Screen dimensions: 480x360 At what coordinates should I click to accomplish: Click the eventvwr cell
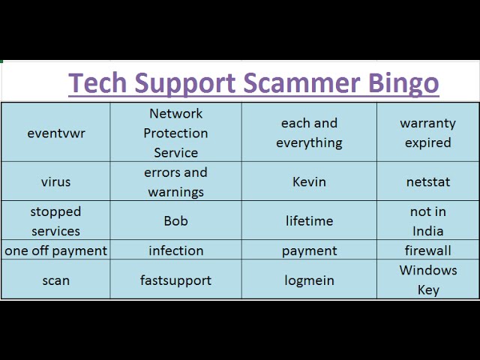(55, 132)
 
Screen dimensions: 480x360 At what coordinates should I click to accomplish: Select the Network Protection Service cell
(176, 132)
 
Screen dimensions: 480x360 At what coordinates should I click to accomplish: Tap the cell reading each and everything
(309, 132)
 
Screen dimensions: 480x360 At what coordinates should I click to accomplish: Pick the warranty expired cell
(428, 132)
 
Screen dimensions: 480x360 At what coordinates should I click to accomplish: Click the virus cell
(55, 181)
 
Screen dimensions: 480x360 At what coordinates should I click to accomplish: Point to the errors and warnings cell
(176, 181)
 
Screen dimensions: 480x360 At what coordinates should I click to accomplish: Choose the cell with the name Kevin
(309, 181)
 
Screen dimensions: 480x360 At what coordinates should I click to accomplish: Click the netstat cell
(428, 181)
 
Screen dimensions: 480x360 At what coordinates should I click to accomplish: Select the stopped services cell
(55, 220)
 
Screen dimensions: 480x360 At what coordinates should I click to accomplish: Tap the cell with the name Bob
(176, 220)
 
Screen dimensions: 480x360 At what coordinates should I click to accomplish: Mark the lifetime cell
(309, 220)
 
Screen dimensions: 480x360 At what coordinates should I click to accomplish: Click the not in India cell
(428, 220)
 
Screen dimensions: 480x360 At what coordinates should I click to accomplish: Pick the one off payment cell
(55, 250)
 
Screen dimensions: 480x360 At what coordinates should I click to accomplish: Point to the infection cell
(176, 250)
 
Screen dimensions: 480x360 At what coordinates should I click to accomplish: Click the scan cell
(55, 279)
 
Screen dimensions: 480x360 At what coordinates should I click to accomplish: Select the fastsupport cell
(176, 279)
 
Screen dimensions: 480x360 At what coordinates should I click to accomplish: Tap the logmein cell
(309, 279)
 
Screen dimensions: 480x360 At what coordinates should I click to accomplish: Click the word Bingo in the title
(403, 83)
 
